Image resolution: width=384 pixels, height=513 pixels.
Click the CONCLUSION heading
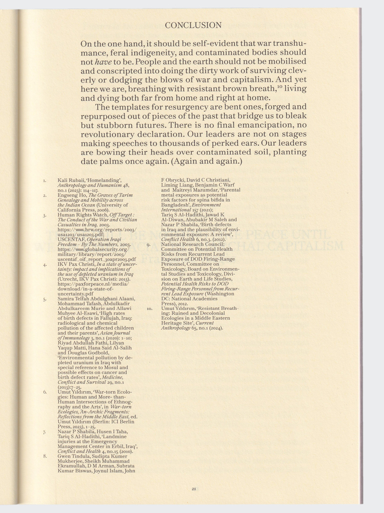pyautogui.click(x=193, y=25)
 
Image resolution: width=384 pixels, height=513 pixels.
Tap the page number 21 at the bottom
pyautogui.click(x=193, y=488)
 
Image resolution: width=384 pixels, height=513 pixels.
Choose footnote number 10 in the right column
pyautogui.click(x=149, y=309)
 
